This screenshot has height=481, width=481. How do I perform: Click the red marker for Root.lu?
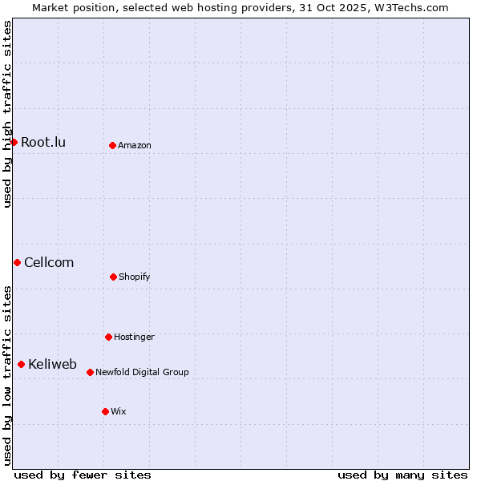coord(14,142)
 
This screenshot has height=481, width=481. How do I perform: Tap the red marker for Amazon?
coord(112,145)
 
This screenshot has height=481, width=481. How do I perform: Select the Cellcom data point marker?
coord(17,262)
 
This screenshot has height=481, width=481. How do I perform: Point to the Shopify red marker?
coord(113,277)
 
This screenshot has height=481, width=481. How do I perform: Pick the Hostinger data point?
coord(108,337)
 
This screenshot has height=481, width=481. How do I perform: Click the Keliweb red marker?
coord(21,364)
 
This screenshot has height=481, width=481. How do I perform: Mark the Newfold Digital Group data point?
coord(90,372)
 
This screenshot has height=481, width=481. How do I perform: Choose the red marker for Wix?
coord(105,411)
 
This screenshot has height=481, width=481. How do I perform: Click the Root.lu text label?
coord(43,143)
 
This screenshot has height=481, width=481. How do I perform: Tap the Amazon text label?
coord(135,146)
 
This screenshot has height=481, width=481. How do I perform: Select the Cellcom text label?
coord(49,263)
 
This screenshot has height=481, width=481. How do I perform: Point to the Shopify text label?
coord(135,277)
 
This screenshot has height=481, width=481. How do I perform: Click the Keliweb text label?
coord(52,365)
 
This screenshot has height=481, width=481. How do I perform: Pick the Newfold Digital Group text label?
coord(143,373)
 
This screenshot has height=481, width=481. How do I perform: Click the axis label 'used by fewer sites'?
coord(83,475)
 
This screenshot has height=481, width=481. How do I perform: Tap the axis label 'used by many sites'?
coord(402,475)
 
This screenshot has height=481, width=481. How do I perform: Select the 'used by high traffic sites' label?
coord(7,114)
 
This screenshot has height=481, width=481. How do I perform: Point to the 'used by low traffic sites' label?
coord(7,375)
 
